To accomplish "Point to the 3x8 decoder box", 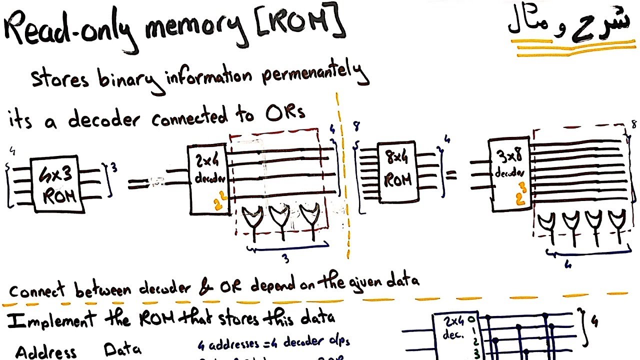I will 508,173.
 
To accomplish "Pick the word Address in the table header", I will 45,351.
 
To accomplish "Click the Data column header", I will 122,349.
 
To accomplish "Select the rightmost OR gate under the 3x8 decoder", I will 616,220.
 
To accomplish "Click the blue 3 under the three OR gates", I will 285,258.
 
